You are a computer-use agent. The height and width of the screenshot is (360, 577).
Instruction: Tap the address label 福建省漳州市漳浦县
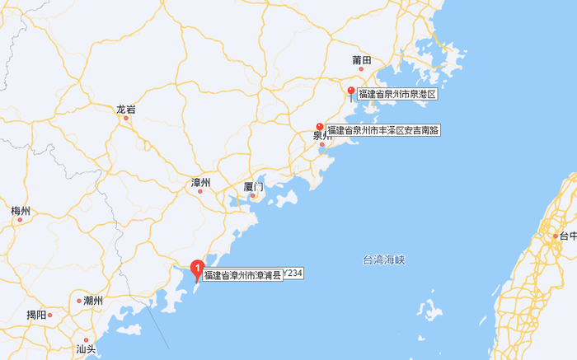(242, 275)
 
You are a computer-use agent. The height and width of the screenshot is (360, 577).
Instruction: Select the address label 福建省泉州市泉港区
(396, 95)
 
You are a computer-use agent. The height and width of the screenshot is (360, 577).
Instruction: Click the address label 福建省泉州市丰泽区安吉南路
(383, 130)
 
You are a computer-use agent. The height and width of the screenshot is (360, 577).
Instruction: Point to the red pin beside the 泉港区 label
(351, 91)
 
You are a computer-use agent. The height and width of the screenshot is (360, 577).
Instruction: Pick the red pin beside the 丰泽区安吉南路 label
(320, 128)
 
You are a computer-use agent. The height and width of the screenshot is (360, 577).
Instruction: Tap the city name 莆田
(362, 59)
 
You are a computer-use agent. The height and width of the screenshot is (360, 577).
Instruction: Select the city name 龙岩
(125, 109)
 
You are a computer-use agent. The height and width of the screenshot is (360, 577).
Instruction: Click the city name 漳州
(200, 182)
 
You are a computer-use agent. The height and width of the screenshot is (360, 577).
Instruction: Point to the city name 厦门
(253, 187)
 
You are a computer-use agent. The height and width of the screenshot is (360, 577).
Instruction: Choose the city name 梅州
(21, 212)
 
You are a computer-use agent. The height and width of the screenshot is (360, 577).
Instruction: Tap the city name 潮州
(93, 301)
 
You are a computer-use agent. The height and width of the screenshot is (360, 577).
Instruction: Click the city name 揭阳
(36, 314)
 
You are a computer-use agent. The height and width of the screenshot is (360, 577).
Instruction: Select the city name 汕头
(87, 349)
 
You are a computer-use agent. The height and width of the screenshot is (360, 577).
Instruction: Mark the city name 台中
(568, 236)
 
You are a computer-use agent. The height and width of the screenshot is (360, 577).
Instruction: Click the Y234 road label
(293, 273)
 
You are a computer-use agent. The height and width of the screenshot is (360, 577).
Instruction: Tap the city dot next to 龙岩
(126, 118)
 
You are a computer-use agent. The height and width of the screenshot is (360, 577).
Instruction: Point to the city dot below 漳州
(199, 191)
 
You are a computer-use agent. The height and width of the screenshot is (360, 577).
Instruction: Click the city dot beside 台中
(555, 236)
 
